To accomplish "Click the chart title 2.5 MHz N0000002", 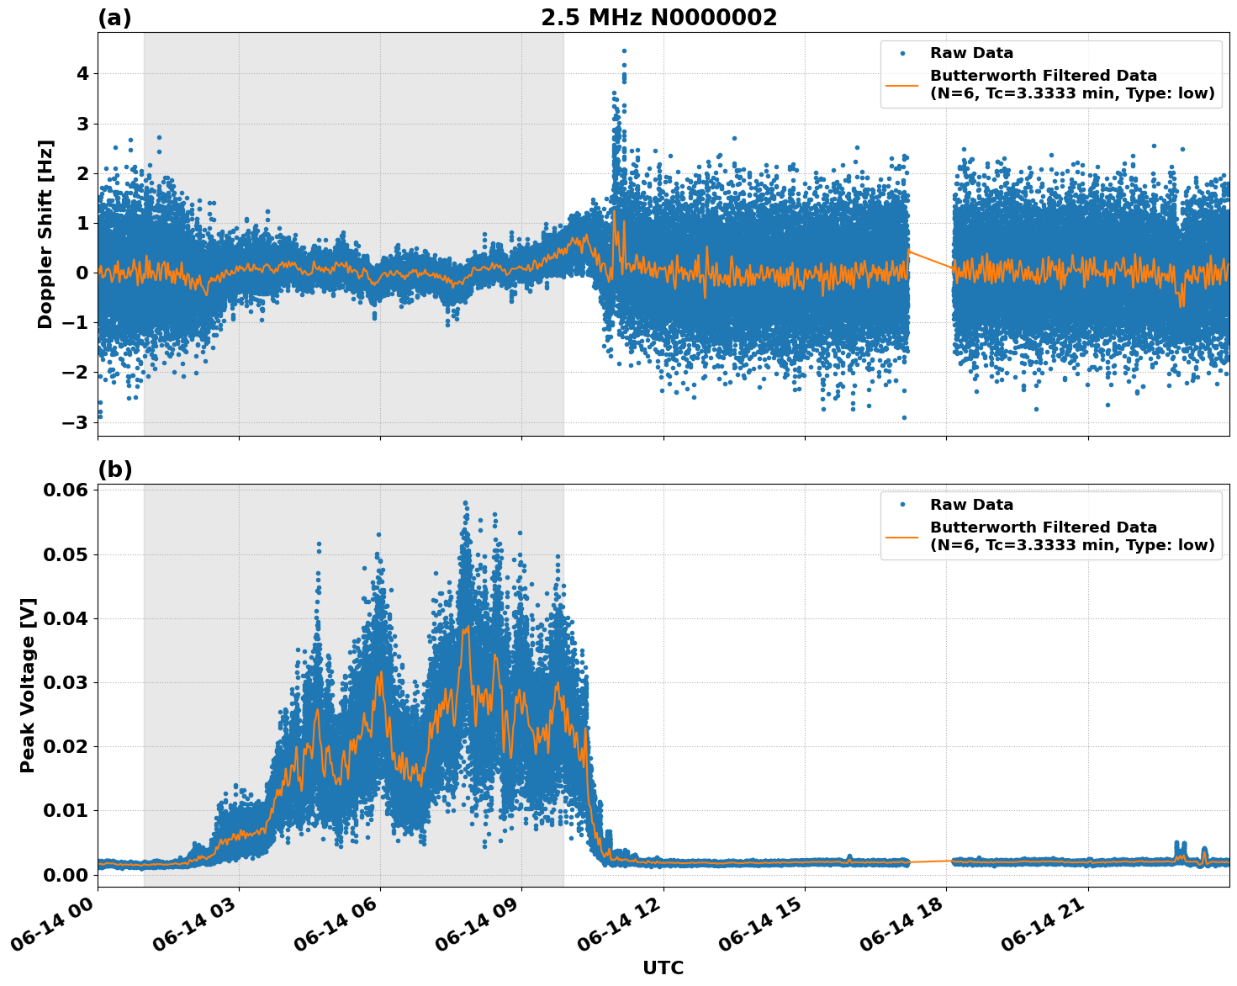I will pyautogui.click(x=658, y=18).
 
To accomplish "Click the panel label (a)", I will pyautogui.click(x=114, y=18).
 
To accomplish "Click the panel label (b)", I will pyautogui.click(x=114, y=469).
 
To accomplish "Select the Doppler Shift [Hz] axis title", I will pyautogui.click(x=45, y=234).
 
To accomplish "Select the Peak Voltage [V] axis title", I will pyautogui.click(x=28, y=686).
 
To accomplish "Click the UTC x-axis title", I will pyautogui.click(x=663, y=967).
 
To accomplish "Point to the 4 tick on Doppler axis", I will pyautogui.click(x=82, y=74).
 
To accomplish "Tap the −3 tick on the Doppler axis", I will pyautogui.click(x=77, y=422).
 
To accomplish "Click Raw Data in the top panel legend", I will pyautogui.click(x=971, y=54).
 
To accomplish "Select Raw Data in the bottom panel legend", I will pyautogui.click(x=971, y=505).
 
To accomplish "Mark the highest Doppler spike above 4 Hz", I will pyautogui.click(x=624, y=51).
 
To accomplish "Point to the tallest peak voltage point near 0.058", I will pyautogui.click(x=465, y=503).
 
